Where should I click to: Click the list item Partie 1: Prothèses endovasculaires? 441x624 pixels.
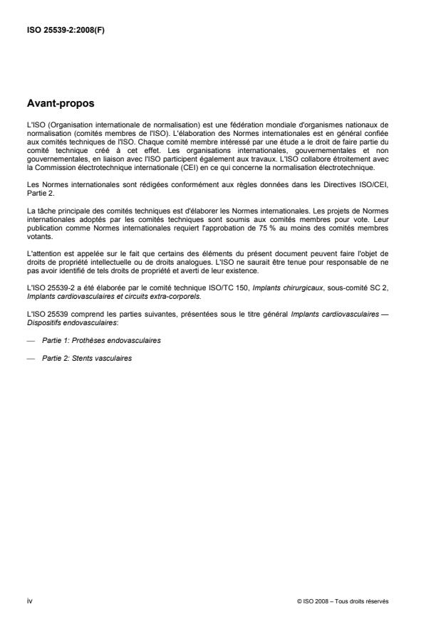(101, 341)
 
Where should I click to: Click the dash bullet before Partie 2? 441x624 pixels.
(30, 358)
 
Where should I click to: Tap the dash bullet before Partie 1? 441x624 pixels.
(30, 341)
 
